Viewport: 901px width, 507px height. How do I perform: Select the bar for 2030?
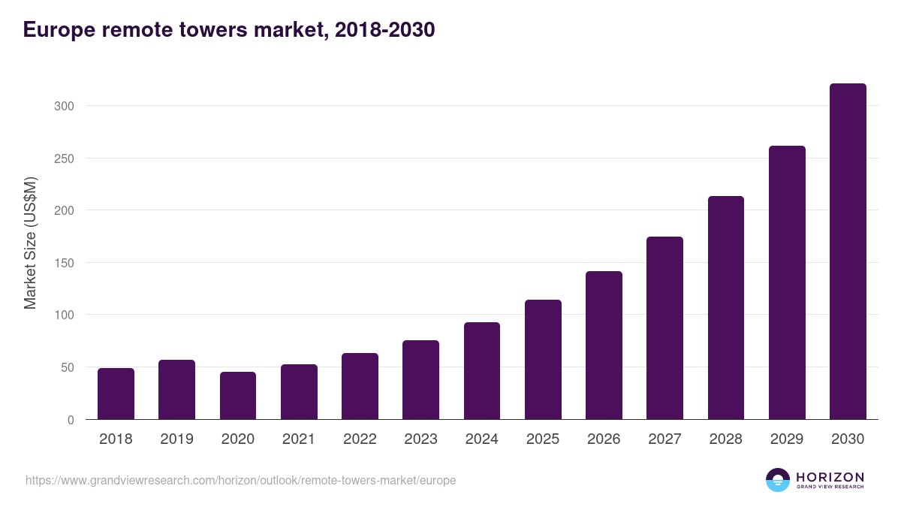(848, 252)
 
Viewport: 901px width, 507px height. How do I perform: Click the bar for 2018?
(116, 394)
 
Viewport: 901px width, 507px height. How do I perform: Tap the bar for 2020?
(238, 396)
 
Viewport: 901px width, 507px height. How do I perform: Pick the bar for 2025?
(543, 360)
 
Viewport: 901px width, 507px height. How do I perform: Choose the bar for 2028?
(726, 308)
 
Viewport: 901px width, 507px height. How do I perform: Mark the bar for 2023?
(420, 380)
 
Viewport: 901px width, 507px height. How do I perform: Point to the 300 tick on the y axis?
(65, 106)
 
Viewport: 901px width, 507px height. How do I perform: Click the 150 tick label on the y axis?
(65, 263)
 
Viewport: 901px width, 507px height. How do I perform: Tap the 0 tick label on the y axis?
(71, 420)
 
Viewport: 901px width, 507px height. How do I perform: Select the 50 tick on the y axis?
(68, 367)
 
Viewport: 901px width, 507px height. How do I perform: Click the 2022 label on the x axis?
(360, 439)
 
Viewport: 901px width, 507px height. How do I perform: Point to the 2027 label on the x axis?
(664, 439)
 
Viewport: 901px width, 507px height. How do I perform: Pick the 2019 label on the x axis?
(176, 439)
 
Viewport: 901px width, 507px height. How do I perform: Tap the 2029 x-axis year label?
(787, 439)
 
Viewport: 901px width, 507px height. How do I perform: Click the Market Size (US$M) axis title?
(30, 243)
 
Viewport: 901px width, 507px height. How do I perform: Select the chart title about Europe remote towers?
(229, 30)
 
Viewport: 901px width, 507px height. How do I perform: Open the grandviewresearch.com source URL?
(240, 480)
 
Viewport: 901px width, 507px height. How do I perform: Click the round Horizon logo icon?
(778, 480)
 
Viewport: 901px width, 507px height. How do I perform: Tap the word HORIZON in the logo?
(830, 477)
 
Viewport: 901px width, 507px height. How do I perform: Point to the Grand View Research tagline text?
(830, 487)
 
